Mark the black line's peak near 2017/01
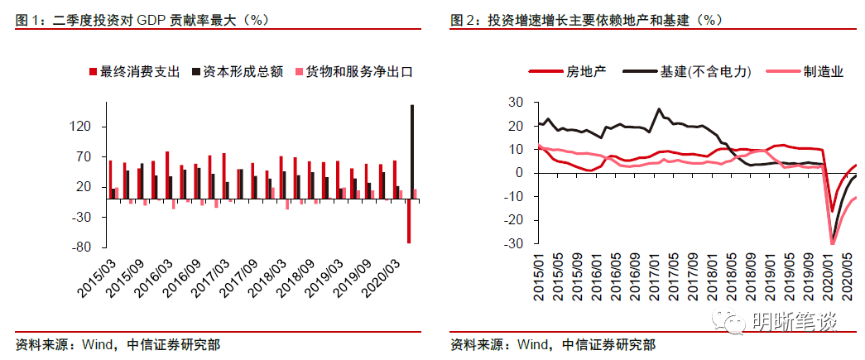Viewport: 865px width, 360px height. (660, 109)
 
